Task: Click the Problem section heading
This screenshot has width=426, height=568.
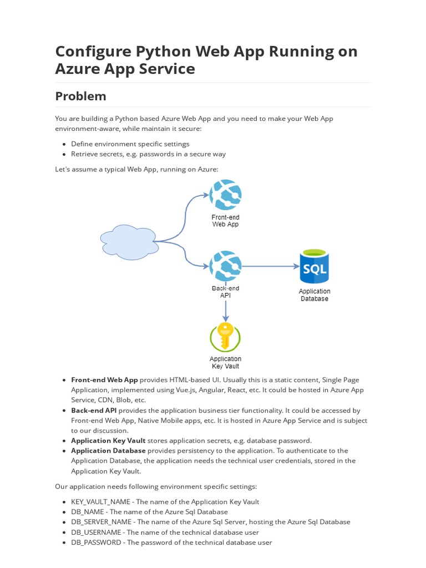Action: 80,96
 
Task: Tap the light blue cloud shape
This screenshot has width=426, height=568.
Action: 129,242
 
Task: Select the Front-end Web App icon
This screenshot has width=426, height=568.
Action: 225,195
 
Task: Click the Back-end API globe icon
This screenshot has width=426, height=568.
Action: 225,266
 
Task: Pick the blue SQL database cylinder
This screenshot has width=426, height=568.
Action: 314,267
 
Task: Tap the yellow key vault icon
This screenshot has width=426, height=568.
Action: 225,337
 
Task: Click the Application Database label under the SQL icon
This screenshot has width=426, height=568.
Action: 314,295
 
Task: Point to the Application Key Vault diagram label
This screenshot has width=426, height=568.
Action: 225,362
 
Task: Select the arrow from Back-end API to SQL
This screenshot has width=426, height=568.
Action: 270,266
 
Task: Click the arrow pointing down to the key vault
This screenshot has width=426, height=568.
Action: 225,311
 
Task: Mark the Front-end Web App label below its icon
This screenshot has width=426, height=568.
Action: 225,221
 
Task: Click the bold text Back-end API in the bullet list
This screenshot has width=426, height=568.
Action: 94,410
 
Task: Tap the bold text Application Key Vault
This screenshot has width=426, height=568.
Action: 108,440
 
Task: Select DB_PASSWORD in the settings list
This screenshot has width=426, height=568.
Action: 95,542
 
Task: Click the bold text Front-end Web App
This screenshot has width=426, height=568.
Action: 104,380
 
